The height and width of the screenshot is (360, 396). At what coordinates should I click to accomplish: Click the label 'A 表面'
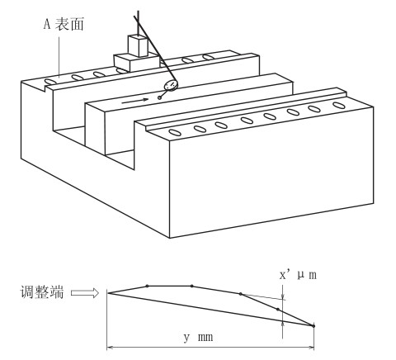64,24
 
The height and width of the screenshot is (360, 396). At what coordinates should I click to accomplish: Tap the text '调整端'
42,292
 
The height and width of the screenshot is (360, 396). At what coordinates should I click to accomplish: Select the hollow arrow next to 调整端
85,293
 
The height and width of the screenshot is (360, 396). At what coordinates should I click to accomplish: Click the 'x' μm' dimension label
298,275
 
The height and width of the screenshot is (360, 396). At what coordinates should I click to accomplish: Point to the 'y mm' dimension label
198,337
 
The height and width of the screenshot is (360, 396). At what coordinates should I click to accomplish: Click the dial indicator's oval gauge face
171,85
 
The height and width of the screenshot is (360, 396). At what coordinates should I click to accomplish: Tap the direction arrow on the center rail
135,101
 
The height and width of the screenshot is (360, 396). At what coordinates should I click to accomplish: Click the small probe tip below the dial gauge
159,97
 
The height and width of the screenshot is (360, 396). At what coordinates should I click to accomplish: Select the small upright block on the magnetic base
139,45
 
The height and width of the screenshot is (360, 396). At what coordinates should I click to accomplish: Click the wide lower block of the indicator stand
136,63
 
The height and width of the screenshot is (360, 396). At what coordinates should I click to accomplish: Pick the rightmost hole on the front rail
339,105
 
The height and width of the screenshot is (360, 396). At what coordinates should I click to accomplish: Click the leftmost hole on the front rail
175,132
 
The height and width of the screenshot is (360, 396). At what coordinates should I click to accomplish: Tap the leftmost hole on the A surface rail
50,82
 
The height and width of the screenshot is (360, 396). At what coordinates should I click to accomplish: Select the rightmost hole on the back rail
209,57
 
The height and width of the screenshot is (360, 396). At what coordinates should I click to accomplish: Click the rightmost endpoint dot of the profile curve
313,326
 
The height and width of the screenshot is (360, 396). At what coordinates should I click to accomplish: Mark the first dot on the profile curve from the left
148,286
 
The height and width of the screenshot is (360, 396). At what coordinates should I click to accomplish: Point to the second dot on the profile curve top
191,287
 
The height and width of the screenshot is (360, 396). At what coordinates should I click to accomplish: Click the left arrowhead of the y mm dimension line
110,348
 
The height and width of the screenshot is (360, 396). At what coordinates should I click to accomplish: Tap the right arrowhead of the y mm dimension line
311,348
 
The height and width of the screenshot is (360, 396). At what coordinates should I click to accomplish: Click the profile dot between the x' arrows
278,310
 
